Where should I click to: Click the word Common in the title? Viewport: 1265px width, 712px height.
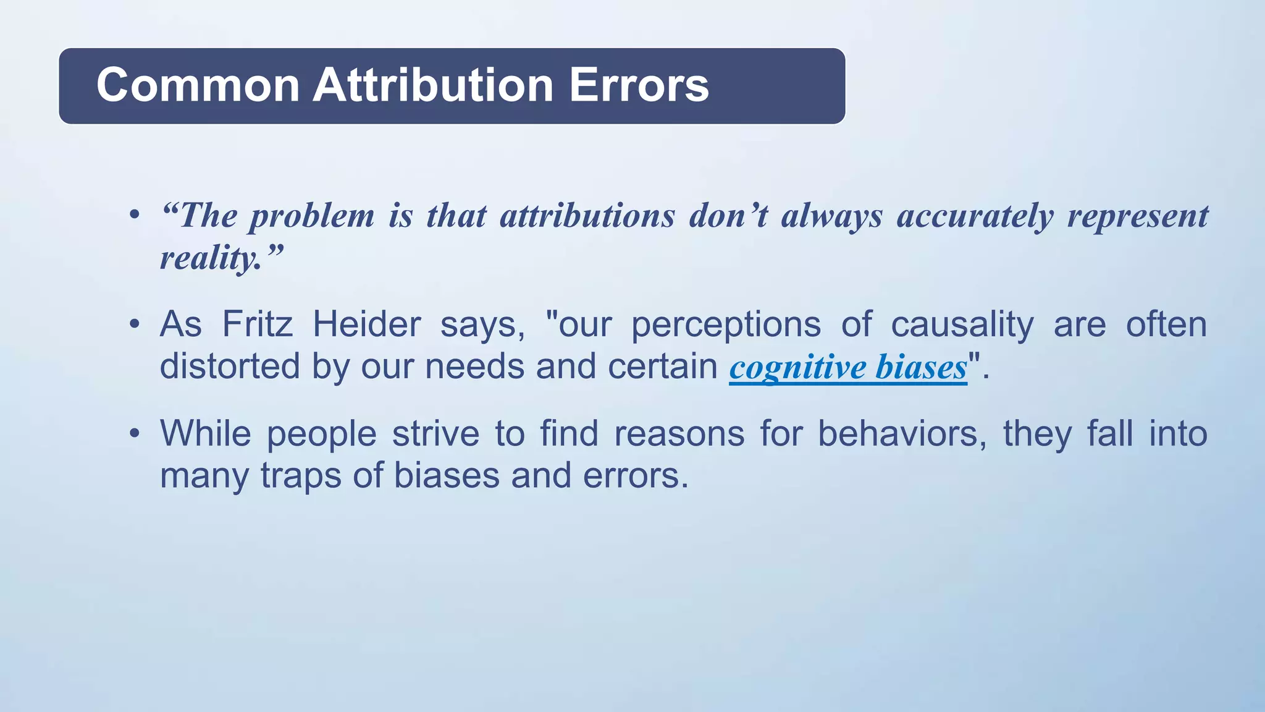tap(198, 85)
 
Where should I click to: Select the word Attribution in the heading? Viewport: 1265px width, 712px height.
tap(432, 85)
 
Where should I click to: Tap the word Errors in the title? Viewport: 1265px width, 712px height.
tap(639, 85)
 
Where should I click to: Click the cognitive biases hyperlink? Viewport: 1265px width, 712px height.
tap(847, 367)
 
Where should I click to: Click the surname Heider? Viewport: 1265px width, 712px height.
tap(366, 324)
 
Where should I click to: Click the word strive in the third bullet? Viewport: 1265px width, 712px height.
tap(435, 433)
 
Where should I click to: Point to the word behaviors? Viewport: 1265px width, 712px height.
tap(902, 433)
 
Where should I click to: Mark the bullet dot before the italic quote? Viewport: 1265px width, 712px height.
tap(134, 216)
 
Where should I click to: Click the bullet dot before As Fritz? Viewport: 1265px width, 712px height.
tap(134, 324)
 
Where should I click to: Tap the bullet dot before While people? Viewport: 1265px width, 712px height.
tap(134, 433)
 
